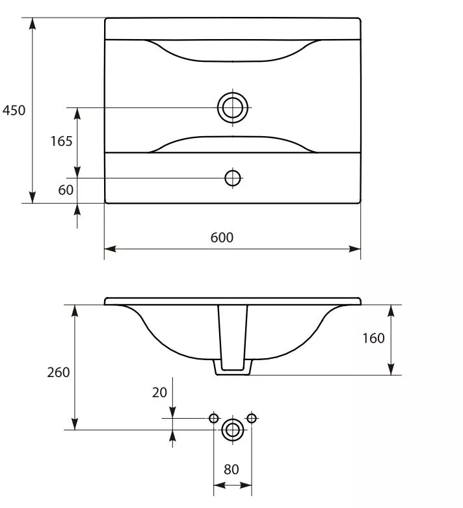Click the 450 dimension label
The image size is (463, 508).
14,111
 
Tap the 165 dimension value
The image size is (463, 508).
61,141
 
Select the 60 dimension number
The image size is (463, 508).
66,190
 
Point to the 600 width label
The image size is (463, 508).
222,238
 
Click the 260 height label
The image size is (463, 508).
59,373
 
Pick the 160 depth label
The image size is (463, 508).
373,338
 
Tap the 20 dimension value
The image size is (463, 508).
159,393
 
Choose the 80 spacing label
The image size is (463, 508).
231,469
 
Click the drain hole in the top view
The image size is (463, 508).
233,107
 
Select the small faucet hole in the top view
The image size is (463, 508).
233,178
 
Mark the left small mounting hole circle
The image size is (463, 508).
213,418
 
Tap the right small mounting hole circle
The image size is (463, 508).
252,418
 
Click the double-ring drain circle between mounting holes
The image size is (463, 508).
233,430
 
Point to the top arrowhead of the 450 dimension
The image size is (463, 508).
32,23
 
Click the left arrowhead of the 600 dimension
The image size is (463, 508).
110,249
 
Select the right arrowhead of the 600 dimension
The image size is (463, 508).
354,249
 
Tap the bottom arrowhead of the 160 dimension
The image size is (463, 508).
391,369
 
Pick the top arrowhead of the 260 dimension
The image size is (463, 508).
75,311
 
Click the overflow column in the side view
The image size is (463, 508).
233,337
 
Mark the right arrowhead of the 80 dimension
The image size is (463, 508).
246,485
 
